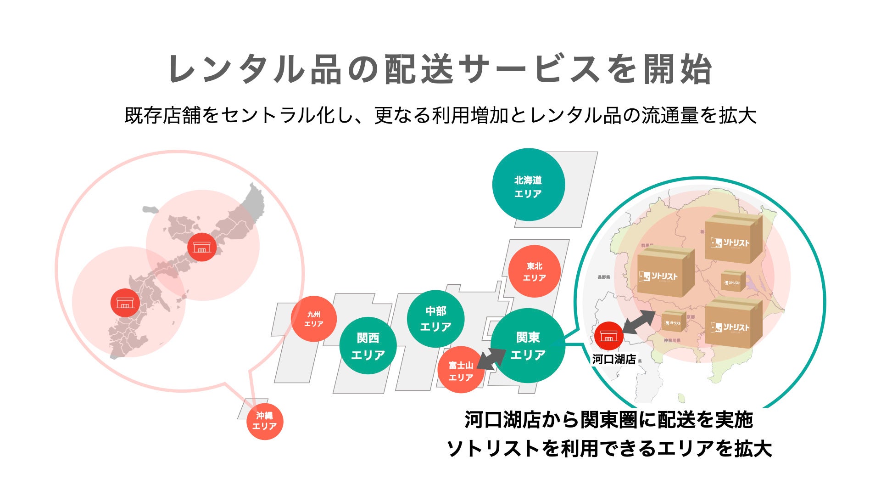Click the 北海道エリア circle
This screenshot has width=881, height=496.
(x=528, y=185)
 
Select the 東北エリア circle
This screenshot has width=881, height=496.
(x=534, y=271)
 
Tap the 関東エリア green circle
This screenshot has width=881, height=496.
(x=528, y=345)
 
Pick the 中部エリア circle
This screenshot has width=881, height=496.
(x=435, y=319)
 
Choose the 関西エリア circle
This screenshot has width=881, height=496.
(x=368, y=346)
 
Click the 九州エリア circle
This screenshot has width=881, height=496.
(x=314, y=319)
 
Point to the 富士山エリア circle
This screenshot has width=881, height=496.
(x=460, y=371)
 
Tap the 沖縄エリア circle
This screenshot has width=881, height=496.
(x=265, y=421)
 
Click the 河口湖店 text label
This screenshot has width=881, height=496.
(x=613, y=359)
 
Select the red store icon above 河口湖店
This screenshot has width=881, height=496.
(x=608, y=336)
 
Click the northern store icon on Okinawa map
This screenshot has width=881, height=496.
(x=202, y=247)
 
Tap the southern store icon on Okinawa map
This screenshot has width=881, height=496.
(x=125, y=303)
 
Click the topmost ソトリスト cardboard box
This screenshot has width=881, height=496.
(x=732, y=239)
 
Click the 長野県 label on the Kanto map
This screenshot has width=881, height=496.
(x=603, y=277)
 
